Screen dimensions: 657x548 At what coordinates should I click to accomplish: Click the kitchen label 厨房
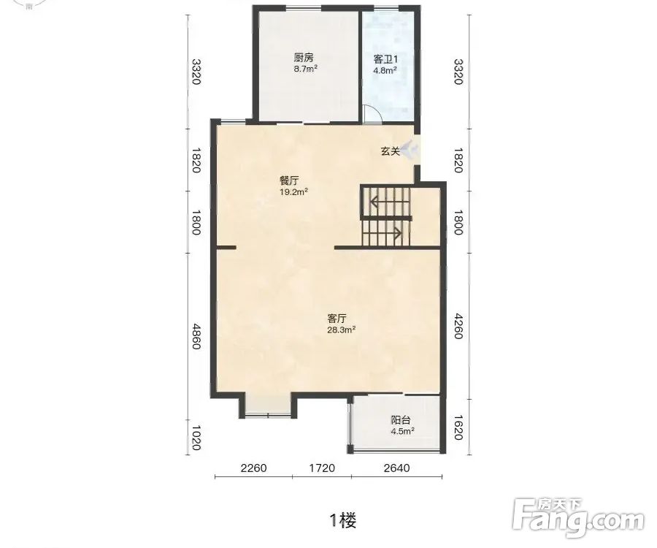(304, 58)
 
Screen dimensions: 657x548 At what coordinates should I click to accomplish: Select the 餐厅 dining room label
(289, 181)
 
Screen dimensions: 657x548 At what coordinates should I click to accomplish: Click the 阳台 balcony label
(401, 419)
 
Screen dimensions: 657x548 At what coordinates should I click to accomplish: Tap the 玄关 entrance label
(391, 151)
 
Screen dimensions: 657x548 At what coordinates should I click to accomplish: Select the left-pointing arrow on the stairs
(389, 202)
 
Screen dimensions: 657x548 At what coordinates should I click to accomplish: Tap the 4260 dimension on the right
(458, 326)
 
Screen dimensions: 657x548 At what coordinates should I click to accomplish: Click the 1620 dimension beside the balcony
(458, 427)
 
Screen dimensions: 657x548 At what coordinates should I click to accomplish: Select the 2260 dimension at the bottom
(253, 468)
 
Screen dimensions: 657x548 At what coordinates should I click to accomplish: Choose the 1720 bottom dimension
(322, 468)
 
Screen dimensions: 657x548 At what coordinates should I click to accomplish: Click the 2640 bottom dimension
(396, 468)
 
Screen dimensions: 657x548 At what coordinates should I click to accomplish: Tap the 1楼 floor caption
(343, 521)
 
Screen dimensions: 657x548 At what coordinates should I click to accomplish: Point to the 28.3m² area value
(342, 330)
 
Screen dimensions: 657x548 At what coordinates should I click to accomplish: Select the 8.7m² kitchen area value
(305, 69)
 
